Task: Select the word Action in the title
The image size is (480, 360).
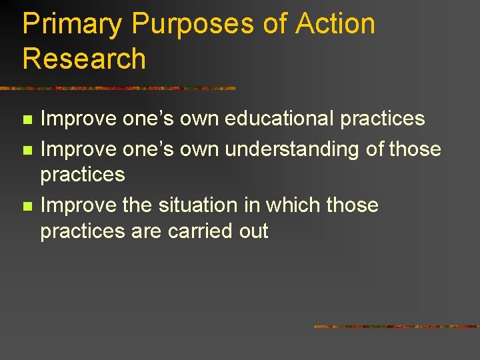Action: click(335, 25)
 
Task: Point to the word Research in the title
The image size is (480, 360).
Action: click(84, 59)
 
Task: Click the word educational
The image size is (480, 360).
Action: click(279, 119)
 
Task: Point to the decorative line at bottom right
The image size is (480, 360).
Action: click(397, 327)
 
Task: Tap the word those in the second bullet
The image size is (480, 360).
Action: click(415, 149)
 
